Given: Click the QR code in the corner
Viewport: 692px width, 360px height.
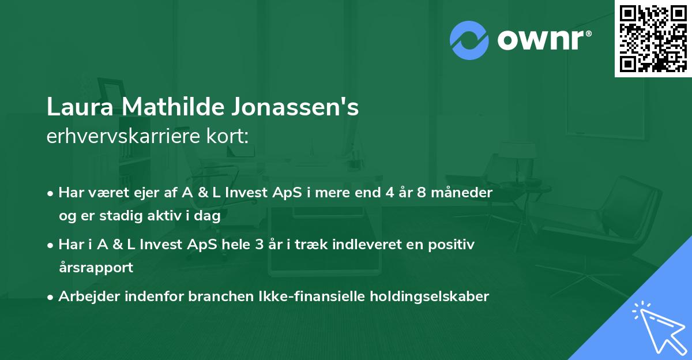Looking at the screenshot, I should pyautogui.click(x=653, y=38).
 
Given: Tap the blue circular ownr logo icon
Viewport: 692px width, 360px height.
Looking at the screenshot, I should pyautogui.click(x=469, y=40).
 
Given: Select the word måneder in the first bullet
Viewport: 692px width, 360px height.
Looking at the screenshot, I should pyautogui.click(x=465, y=193).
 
